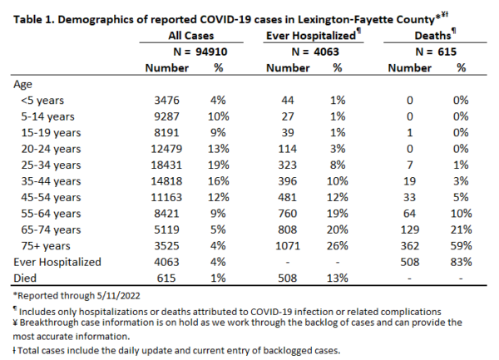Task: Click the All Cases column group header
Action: click(x=191, y=35)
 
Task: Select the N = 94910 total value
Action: click(x=200, y=52)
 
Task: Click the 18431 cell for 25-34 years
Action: click(x=166, y=165)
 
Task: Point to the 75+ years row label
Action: click(x=46, y=246)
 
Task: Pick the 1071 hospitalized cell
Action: click(x=288, y=246)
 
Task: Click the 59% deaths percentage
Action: click(x=461, y=246)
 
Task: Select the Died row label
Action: click(x=25, y=278)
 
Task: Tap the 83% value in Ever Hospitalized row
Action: click(x=461, y=262)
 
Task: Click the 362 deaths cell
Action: click(x=410, y=246)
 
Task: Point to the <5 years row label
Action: click(x=42, y=101)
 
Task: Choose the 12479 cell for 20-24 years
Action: click(x=166, y=149)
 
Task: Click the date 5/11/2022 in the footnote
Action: click(x=118, y=296)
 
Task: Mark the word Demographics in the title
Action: click(x=96, y=20)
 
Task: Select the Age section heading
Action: click(x=22, y=85)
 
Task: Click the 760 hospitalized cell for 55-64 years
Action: click(x=288, y=214)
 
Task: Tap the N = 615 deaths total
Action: click(x=436, y=52)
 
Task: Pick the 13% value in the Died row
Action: click(x=338, y=278)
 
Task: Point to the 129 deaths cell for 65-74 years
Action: click(x=410, y=229)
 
